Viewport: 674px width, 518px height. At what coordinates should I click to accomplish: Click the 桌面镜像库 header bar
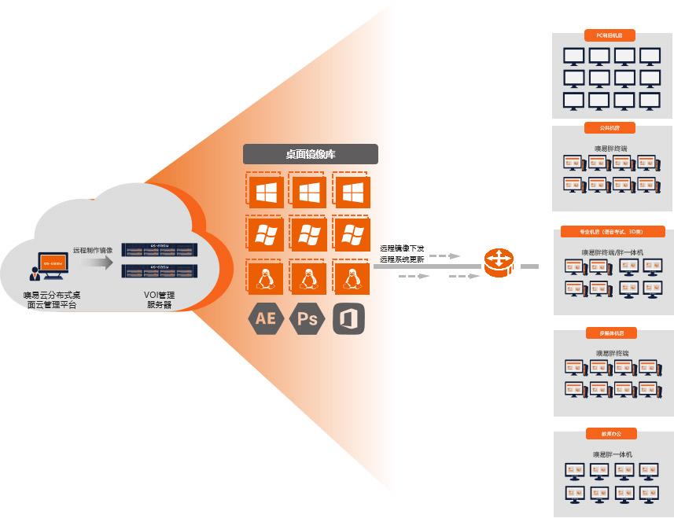point(310,154)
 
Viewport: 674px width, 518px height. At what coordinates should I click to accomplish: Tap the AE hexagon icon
point(265,319)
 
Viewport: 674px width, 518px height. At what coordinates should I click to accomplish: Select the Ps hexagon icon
point(308,319)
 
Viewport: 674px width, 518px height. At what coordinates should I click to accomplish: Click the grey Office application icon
point(348,319)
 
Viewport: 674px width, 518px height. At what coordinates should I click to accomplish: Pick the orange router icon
point(499,263)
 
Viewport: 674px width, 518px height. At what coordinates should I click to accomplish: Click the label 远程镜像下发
point(402,248)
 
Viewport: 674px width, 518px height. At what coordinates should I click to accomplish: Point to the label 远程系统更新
point(402,259)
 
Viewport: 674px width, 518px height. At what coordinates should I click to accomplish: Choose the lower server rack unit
point(160,271)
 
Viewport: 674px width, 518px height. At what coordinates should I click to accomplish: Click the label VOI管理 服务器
point(159,299)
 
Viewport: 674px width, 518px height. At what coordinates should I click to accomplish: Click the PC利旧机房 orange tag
point(610,35)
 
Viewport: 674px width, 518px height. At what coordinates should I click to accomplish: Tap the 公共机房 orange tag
point(610,127)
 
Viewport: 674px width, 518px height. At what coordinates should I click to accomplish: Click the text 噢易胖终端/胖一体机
point(613,252)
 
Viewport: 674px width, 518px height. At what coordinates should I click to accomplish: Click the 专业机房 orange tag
point(612,232)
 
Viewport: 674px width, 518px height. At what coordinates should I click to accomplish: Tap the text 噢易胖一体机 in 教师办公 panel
point(613,454)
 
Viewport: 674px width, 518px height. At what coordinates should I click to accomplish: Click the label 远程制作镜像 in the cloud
point(93,250)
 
